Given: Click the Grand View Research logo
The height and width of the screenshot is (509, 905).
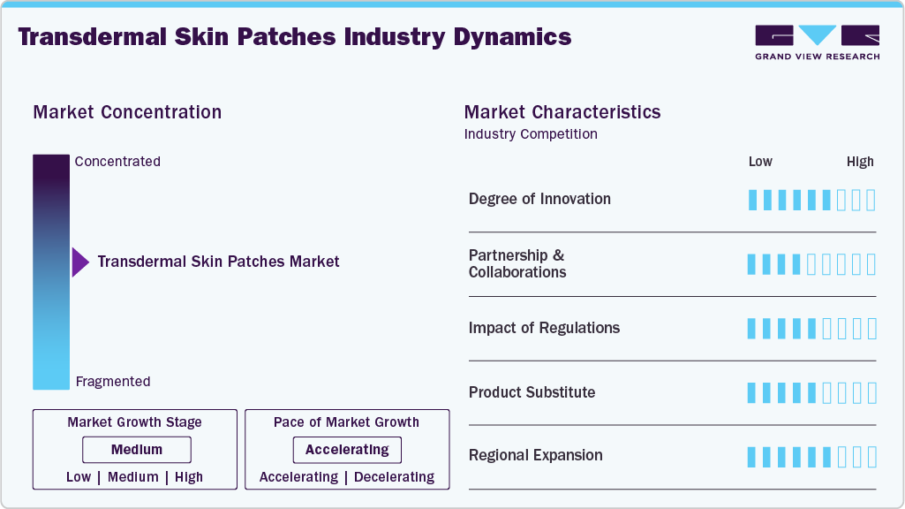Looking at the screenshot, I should pos(817,42).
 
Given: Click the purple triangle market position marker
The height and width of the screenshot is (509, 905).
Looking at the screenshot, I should pos(80,262).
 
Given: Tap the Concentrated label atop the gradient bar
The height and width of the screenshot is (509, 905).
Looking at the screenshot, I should pos(117,162).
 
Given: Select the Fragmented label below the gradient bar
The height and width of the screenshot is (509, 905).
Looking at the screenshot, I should pos(113,382).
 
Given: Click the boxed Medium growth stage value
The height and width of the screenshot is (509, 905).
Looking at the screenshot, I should pos(136,450).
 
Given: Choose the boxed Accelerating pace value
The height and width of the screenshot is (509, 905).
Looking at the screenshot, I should pos(347,450).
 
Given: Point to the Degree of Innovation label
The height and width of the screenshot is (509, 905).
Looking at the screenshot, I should pos(539,199).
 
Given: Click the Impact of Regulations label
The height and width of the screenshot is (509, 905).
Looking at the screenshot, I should pos(544,328).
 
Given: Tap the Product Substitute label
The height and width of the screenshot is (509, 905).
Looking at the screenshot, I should pos(532,392).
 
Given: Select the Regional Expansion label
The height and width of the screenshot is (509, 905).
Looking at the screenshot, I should pos(535,456).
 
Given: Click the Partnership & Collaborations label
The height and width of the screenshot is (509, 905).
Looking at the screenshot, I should pos(517,263).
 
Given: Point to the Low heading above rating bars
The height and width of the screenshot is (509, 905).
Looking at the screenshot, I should pos(760,162).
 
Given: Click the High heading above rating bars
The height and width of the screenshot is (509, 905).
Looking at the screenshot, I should pos(860,162).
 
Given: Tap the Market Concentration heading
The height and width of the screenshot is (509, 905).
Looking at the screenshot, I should pos(127,112).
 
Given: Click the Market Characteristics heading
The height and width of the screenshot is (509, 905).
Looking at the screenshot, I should pos(562,112).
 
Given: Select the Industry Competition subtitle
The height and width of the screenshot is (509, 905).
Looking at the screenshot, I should pos(531,134).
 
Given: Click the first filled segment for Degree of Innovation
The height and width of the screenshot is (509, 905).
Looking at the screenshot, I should pos(752,200).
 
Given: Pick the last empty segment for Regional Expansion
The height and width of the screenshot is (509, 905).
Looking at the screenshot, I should pos(871,457).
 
